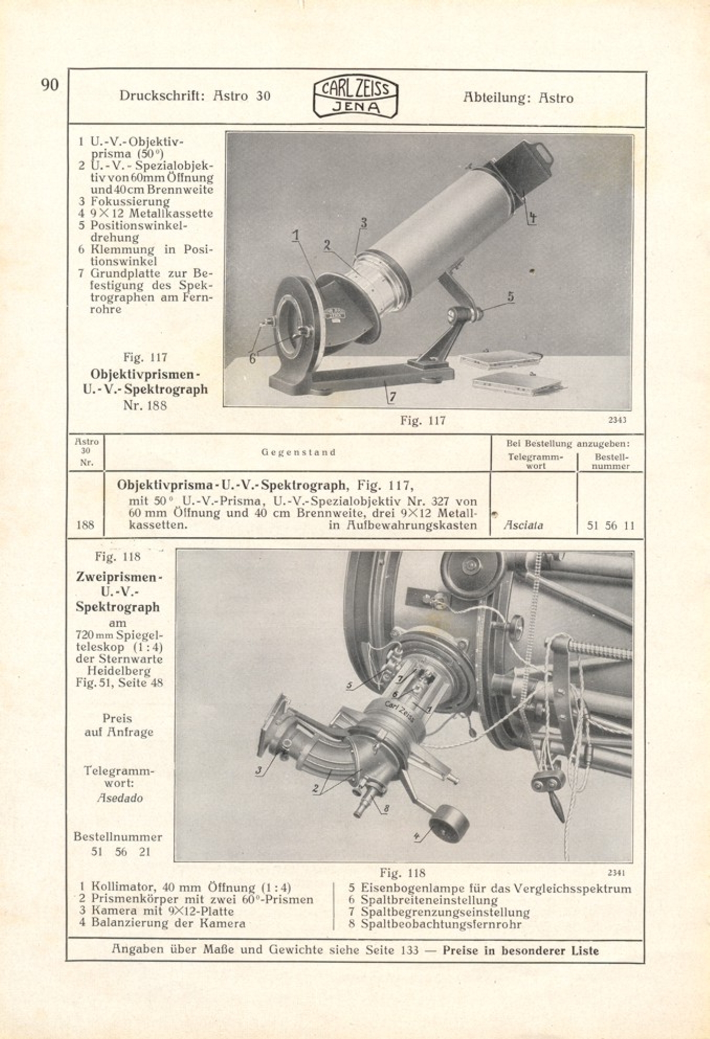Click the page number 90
pyautogui.click(x=50, y=85)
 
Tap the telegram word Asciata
pyautogui.click(x=523, y=525)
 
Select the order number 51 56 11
pyautogui.click(x=611, y=526)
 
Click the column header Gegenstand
pyautogui.click(x=298, y=453)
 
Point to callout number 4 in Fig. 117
pyautogui.click(x=531, y=218)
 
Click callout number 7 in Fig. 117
pyautogui.click(x=392, y=397)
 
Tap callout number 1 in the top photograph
pyautogui.click(x=296, y=235)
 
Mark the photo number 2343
pyautogui.click(x=617, y=420)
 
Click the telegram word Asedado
pyautogui.click(x=119, y=798)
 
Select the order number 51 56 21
pyautogui.click(x=120, y=852)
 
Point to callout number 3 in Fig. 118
pyautogui.click(x=259, y=771)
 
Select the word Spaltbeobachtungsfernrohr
pyautogui.click(x=441, y=924)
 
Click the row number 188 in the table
pyautogui.click(x=85, y=525)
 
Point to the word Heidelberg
pyautogui.click(x=118, y=671)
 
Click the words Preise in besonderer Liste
pyautogui.click(x=520, y=950)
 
